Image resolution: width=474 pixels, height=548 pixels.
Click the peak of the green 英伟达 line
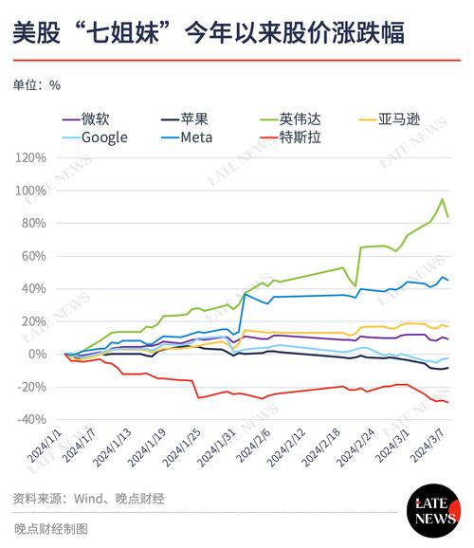click(442, 199)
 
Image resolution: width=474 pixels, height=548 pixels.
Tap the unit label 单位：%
click(37, 84)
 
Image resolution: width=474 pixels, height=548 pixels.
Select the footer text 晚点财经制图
click(51, 529)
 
